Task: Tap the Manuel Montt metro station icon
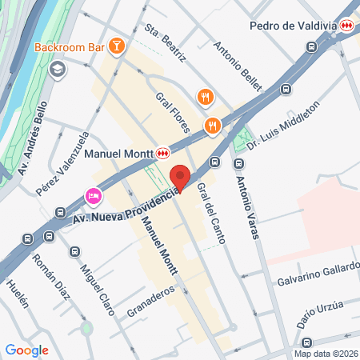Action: (163, 151)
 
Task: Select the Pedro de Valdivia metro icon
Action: (346, 26)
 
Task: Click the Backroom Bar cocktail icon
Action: (117, 46)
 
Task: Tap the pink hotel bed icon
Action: (94, 196)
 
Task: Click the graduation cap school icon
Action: (57, 70)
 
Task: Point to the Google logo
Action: (26, 350)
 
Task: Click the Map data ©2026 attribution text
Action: (324, 353)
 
